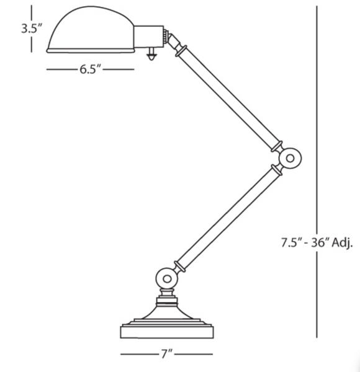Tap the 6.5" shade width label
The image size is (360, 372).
coord(90,69)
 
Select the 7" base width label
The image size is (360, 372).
coord(166,355)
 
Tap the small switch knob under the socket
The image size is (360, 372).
coord(150,55)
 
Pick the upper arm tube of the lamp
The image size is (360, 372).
coord(230,99)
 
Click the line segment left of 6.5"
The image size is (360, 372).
coord(62,69)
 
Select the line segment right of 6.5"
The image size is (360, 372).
coord(118,69)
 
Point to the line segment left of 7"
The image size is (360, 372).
coord(140,355)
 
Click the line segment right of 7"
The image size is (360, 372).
coord(194,355)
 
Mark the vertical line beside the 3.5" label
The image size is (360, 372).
coord(47,28)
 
